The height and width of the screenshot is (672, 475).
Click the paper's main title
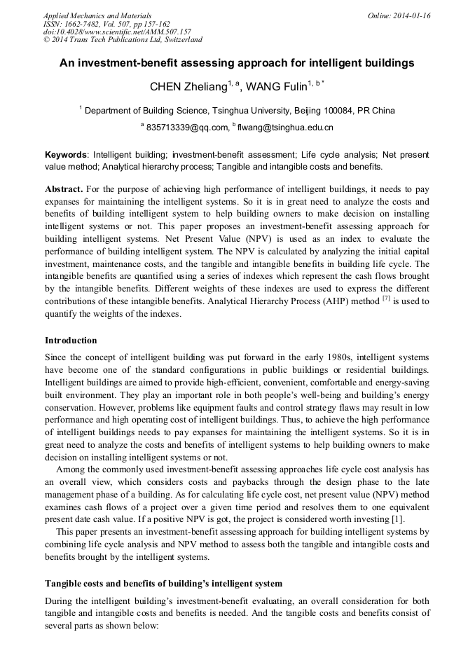click(x=237, y=63)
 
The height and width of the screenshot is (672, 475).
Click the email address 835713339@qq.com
click(x=188, y=128)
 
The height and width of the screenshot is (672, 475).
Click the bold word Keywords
click(x=67, y=154)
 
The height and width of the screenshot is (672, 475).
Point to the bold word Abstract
click(x=64, y=190)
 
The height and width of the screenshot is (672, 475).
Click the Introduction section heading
click(x=71, y=341)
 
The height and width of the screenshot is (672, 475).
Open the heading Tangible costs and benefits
click(x=163, y=584)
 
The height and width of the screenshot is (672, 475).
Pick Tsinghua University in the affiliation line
click(x=247, y=110)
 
